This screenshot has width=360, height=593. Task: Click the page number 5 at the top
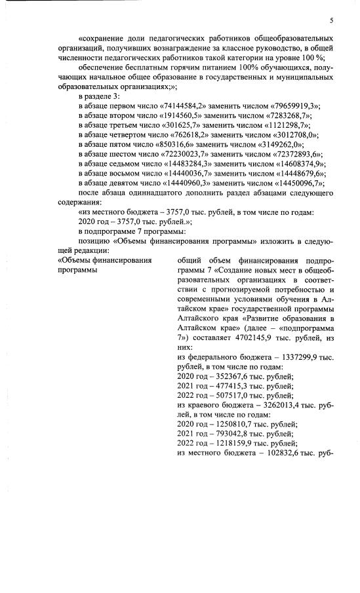pyautogui.click(x=331, y=20)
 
